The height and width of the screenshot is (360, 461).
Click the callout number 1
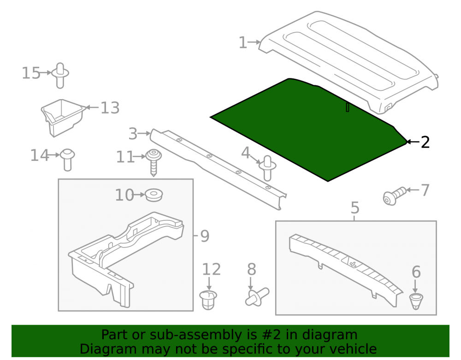(x=242, y=42)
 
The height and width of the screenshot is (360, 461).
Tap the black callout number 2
(x=425, y=142)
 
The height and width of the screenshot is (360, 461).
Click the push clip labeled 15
(x=60, y=75)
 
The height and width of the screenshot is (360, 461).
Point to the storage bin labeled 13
(x=62, y=117)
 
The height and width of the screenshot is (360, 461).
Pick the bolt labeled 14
(x=68, y=159)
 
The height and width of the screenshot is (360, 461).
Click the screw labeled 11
(x=154, y=162)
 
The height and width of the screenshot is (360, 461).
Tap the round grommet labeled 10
(x=154, y=195)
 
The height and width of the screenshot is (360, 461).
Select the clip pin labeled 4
(x=267, y=168)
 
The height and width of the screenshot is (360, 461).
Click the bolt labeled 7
(x=395, y=196)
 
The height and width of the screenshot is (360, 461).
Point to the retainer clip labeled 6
(x=416, y=301)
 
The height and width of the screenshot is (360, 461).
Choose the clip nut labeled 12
(x=208, y=300)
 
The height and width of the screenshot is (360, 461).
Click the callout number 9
(x=205, y=236)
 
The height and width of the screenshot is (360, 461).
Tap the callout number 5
(x=355, y=208)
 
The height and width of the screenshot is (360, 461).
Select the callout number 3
(x=133, y=134)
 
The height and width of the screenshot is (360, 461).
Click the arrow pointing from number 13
(x=91, y=107)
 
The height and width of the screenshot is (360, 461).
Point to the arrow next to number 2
(x=413, y=142)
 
